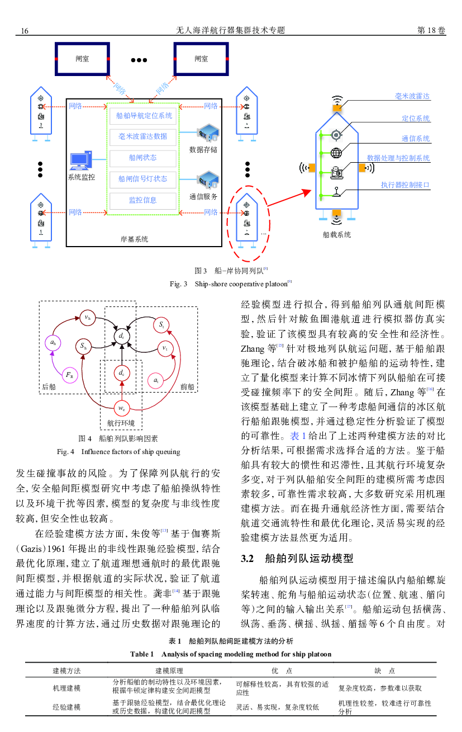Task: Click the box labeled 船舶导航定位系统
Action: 143,116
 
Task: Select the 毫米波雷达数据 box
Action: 143,136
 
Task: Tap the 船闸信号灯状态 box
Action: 143,179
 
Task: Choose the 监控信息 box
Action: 143,200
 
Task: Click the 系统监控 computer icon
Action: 80,160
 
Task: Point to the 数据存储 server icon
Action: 208,133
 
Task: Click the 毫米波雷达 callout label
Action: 412,96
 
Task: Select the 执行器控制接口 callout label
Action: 405,185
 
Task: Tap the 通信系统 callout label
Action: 415,139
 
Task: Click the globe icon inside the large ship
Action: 336,153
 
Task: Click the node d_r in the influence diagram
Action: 121,336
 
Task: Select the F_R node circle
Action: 69,375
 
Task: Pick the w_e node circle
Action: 122,408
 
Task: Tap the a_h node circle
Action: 53,343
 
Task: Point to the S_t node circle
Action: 161,325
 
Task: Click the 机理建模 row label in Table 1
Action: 66,688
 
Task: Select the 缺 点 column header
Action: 384,671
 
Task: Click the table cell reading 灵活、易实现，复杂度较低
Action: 277,707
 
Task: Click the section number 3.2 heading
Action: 247,559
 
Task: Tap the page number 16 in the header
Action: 25,31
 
